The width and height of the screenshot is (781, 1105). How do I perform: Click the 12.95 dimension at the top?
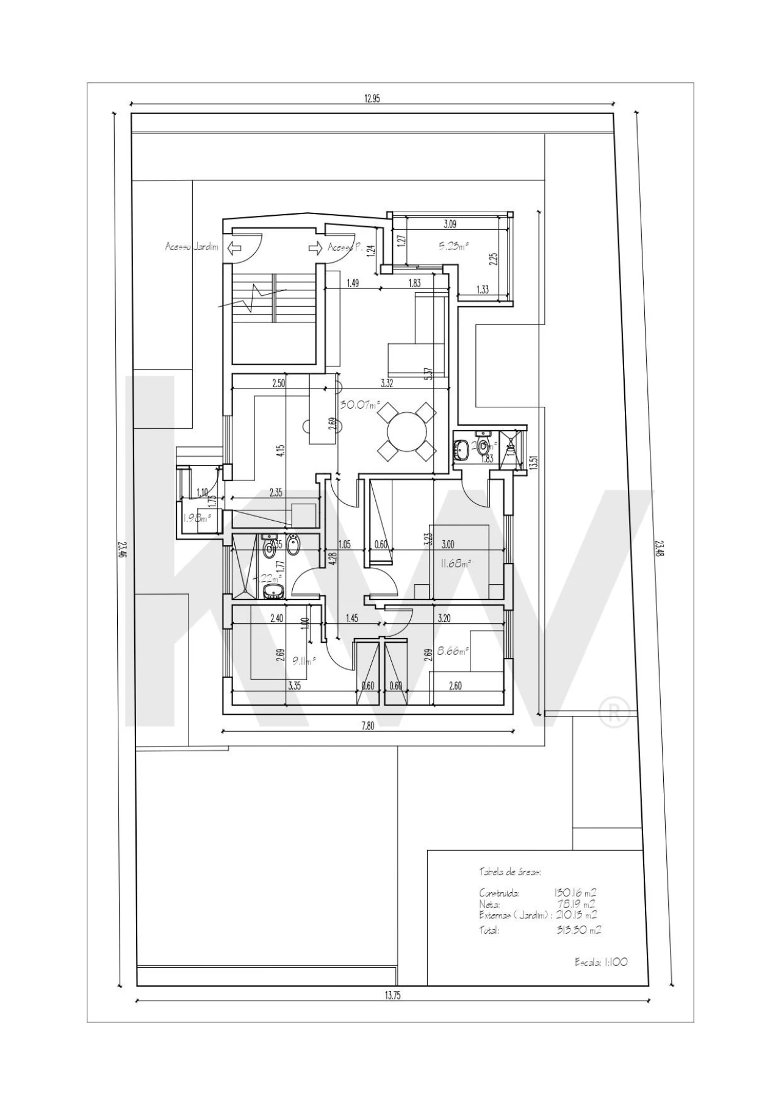pyautogui.click(x=372, y=99)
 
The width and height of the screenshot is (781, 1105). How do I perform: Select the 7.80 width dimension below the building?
pyautogui.click(x=367, y=725)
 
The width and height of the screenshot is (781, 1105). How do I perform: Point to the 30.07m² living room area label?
pyautogui.click(x=360, y=404)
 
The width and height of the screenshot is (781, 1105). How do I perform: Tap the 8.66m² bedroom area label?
pyautogui.click(x=453, y=651)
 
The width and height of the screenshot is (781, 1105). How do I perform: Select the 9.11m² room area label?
pyautogui.click(x=303, y=660)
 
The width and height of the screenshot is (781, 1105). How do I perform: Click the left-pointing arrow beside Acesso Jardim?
pyautogui.click(x=233, y=248)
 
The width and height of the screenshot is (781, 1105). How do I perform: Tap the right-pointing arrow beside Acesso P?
pyautogui.click(x=315, y=248)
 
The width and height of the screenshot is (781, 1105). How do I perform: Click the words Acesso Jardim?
pyautogui.click(x=191, y=247)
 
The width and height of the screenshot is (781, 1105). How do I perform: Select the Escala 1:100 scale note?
pyautogui.click(x=601, y=962)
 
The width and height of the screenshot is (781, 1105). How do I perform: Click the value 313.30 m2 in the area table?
pyautogui.click(x=578, y=931)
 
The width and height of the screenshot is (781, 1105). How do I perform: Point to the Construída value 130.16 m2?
pyautogui.click(x=575, y=893)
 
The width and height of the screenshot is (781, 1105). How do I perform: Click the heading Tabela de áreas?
pyautogui.click(x=509, y=872)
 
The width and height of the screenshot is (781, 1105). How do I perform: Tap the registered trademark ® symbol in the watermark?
pyautogui.click(x=614, y=713)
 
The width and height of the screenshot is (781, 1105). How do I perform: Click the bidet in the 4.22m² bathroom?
pyautogui.click(x=293, y=548)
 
